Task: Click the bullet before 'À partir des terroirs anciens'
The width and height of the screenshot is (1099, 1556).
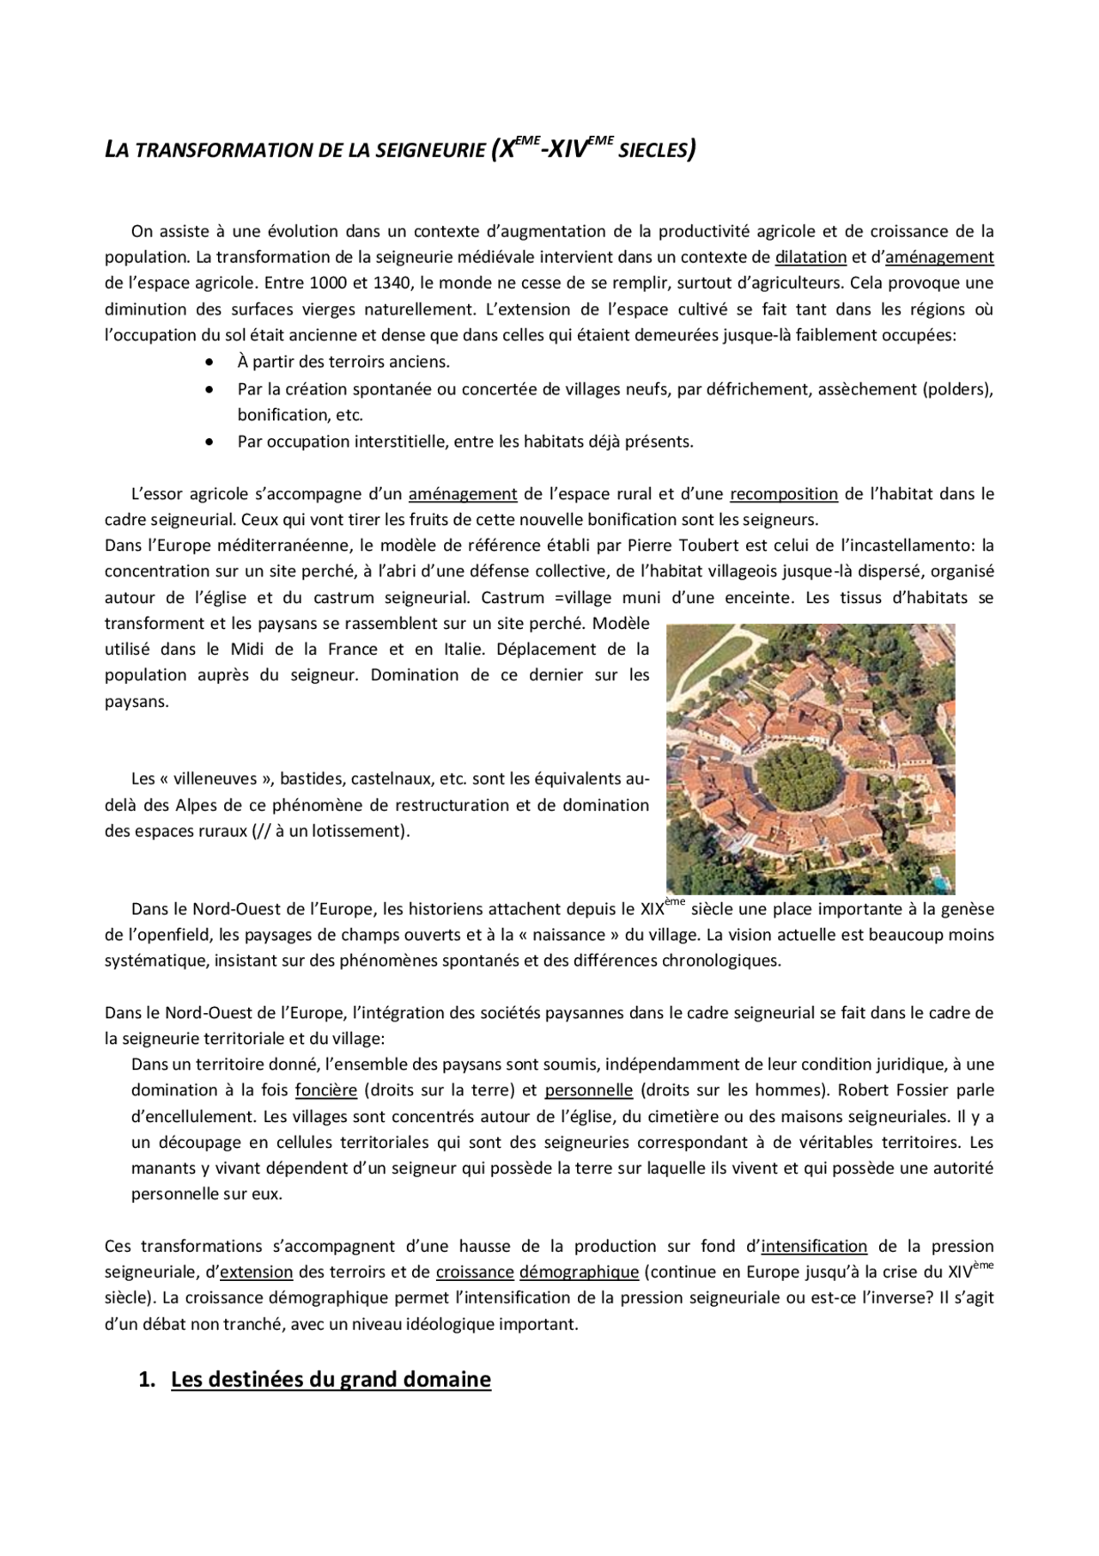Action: [x=209, y=363]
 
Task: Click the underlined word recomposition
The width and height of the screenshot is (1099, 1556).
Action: [x=783, y=494]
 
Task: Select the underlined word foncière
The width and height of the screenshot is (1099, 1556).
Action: [x=325, y=1090]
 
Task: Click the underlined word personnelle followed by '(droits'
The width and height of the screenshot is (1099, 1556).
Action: [x=588, y=1090]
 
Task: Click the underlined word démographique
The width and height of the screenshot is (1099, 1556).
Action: [x=579, y=1272]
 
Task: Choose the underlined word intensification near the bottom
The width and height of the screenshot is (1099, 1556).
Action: [x=814, y=1247]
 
